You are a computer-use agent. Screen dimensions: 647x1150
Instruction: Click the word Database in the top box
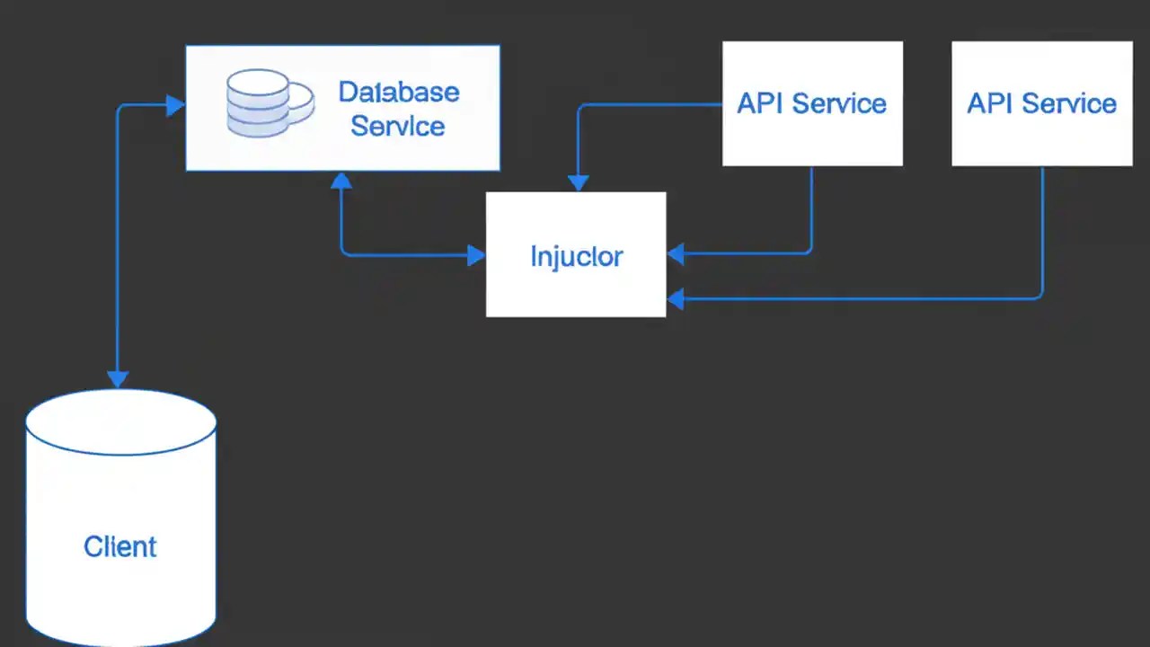pyautogui.click(x=398, y=92)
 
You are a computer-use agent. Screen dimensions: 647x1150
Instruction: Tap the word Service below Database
pyautogui.click(x=397, y=126)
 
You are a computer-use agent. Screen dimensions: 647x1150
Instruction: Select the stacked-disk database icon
pyautogui.click(x=259, y=104)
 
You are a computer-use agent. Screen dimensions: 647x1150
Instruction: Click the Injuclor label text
pyautogui.click(x=576, y=256)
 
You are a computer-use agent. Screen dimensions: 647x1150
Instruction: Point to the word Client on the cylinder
pyautogui.click(x=120, y=546)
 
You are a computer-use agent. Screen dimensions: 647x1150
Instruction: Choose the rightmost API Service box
pyautogui.click(x=1041, y=103)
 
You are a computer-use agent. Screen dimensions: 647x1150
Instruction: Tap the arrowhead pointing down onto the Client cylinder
pyautogui.click(x=118, y=378)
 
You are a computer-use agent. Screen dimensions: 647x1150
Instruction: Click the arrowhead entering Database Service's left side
pyautogui.click(x=175, y=106)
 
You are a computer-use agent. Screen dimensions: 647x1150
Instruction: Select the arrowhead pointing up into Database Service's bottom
pyautogui.click(x=341, y=181)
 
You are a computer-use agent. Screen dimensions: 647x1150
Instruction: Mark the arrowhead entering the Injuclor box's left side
pyautogui.click(x=476, y=255)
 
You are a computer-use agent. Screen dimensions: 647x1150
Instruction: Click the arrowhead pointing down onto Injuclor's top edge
pyautogui.click(x=578, y=182)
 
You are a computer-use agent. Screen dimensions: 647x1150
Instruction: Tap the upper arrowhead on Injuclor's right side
pyautogui.click(x=676, y=254)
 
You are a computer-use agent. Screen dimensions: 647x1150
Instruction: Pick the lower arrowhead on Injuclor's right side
pyautogui.click(x=676, y=298)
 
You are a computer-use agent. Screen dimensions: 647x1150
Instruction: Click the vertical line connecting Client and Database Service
pyautogui.click(x=118, y=243)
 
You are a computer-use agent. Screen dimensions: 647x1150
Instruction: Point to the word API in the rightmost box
pyautogui.click(x=986, y=103)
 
